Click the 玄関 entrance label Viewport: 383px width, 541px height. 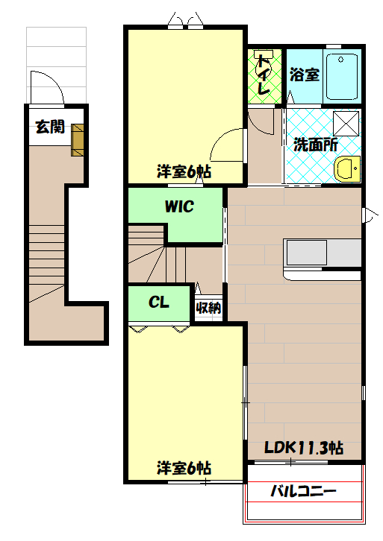coord(49,127)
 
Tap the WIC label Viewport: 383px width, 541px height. coord(179,206)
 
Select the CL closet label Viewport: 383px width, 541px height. coord(158,303)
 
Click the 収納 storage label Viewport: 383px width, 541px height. coord(209,308)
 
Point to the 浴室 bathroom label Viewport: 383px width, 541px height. coord(304,75)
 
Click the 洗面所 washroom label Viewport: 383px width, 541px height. coord(314,145)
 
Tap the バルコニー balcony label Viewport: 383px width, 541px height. coord(303,492)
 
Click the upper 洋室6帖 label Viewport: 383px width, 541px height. coord(183,171)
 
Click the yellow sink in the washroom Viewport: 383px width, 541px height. coord(347,169)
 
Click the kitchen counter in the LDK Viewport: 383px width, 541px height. coord(322,253)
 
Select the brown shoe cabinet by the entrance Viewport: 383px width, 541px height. coord(78,140)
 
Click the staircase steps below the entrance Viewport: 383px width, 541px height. coord(48,261)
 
